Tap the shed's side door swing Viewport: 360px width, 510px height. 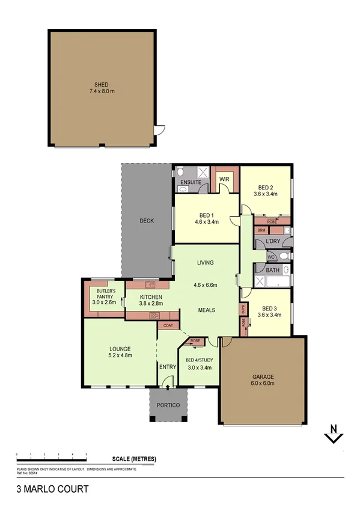coord(158,130)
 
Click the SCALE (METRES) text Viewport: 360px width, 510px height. coord(133,459)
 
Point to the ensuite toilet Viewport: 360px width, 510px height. coord(181,173)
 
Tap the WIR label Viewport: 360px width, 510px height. coord(224,179)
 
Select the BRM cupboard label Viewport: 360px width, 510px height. coord(261,230)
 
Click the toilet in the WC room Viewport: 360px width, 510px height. coord(284,256)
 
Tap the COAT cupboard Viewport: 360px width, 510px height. coord(168,326)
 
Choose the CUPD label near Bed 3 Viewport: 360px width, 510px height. coord(243,309)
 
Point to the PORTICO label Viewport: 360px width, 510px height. coord(168,405)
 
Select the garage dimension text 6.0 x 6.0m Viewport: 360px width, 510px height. coord(263,383)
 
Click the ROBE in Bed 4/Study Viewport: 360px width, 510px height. coord(195,341)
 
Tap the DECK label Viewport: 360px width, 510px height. coord(147,221)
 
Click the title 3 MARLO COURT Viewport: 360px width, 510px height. coord(52,489)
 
